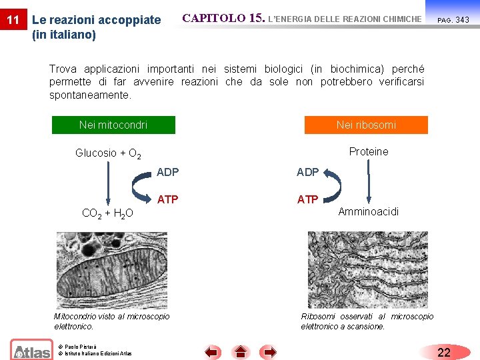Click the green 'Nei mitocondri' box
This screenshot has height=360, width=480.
(x=113, y=125)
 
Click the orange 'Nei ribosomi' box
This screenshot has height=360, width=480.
(x=366, y=125)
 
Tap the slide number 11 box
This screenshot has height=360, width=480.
(x=13, y=20)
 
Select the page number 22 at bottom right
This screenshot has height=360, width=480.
(x=444, y=352)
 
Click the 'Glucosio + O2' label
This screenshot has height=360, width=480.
(x=107, y=153)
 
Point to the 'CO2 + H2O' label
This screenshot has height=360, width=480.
(x=107, y=213)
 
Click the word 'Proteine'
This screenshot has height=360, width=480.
(x=369, y=151)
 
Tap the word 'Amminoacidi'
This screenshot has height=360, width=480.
(x=369, y=211)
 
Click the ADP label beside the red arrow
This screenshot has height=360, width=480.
(x=168, y=172)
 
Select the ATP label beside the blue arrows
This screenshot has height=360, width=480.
(x=307, y=199)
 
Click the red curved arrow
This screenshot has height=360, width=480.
(x=141, y=185)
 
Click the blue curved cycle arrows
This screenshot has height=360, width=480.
(x=332, y=185)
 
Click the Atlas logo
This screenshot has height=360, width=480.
(x=31, y=349)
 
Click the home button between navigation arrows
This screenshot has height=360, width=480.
(x=241, y=352)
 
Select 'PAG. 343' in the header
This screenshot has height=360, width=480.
(x=453, y=20)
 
